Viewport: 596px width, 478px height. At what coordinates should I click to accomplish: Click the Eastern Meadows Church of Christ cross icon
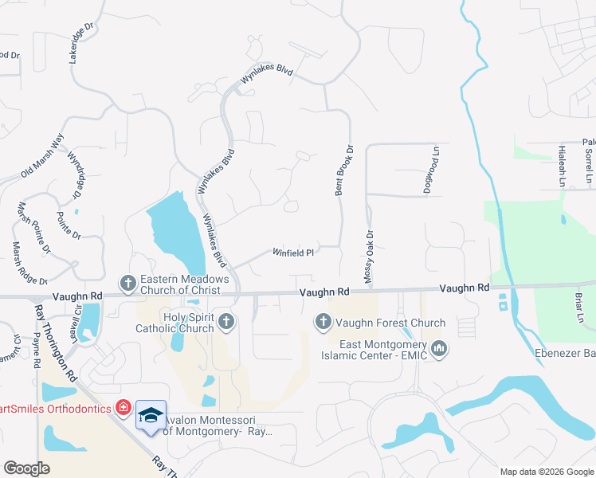tap(128, 283)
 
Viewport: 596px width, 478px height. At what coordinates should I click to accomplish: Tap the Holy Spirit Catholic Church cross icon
tap(226, 323)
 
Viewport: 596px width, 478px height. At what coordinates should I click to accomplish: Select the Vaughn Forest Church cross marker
tap(323, 322)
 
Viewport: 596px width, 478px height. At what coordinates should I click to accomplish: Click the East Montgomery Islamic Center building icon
tap(439, 349)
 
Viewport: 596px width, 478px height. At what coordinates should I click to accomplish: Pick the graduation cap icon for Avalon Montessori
tap(151, 415)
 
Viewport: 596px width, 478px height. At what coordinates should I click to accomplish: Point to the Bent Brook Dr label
tap(343, 170)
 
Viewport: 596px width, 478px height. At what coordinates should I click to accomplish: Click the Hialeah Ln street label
tap(563, 167)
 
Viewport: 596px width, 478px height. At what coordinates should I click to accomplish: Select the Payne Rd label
tap(37, 351)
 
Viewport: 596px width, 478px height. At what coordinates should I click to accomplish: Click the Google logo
tap(26, 468)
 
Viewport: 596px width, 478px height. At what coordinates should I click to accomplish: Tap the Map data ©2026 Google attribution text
tap(546, 471)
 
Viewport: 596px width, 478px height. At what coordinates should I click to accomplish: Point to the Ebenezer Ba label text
tap(566, 354)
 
